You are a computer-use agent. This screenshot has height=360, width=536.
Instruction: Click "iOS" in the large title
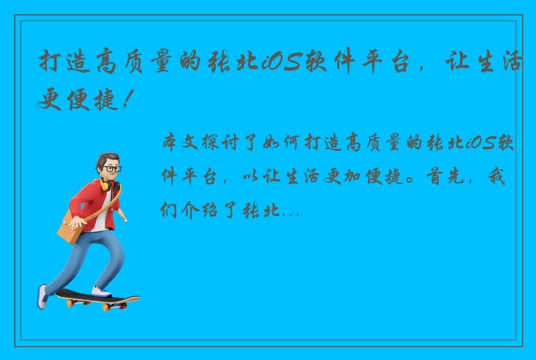(x=281, y=64)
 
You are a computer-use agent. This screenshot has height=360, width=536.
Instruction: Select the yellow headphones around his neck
(x=106, y=185)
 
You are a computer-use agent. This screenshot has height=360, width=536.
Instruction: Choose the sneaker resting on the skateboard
(x=102, y=291)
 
